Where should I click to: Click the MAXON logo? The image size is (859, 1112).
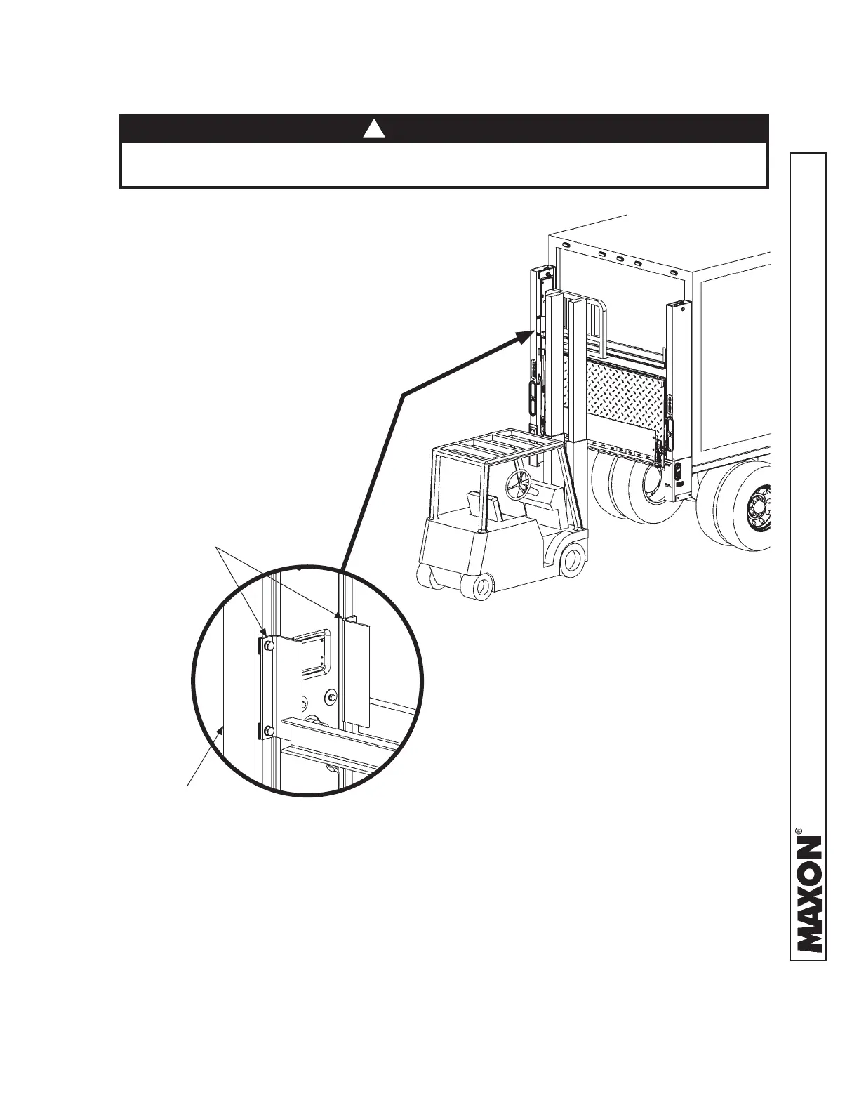[808, 893]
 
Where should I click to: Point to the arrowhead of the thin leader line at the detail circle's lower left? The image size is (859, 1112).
[224, 732]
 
